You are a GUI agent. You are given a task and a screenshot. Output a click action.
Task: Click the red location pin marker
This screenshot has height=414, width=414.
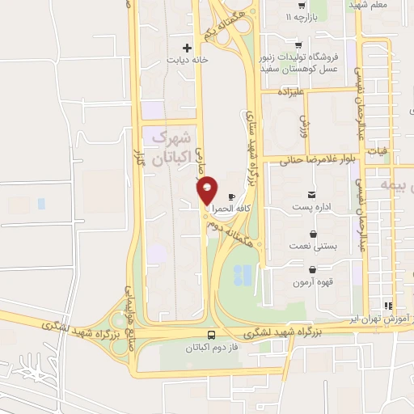point(208,190)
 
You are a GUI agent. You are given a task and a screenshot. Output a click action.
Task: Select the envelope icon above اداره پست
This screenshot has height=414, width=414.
point(312,194)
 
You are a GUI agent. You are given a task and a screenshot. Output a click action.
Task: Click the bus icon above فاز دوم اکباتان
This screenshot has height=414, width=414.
point(211,334)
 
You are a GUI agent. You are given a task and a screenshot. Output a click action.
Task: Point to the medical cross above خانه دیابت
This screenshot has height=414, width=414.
point(188,48)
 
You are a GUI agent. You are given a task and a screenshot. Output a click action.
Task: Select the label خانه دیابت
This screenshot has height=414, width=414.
point(188,60)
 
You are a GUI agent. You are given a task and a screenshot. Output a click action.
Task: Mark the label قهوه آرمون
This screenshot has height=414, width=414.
point(312,282)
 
